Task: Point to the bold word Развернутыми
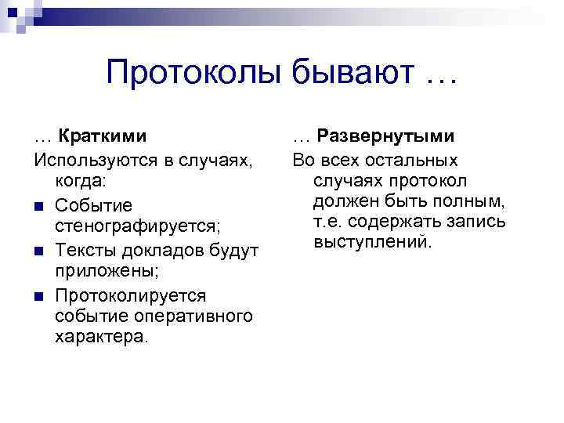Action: pos(386,136)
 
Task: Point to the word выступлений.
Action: pos(372,243)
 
